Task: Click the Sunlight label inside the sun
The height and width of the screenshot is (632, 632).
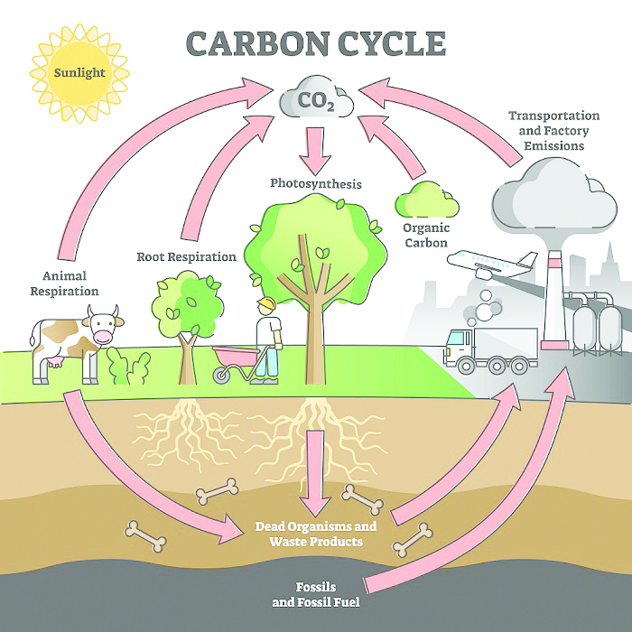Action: [79, 73]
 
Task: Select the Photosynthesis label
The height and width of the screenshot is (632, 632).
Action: [316, 183]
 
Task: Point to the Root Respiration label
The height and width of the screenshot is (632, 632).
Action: [186, 256]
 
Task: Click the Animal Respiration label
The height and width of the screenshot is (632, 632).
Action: [64, 283]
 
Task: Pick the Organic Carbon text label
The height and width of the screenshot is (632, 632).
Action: [426, 236]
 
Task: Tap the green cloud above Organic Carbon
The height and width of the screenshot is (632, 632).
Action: [427, 200]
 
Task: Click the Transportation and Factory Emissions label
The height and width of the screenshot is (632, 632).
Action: [553, 131]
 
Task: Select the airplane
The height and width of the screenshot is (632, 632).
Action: [493, 264]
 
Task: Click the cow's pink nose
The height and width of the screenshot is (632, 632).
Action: [104, 336]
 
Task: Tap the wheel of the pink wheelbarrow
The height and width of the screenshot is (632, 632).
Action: [220, 376]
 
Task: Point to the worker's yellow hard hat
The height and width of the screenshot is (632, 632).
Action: [267, 302]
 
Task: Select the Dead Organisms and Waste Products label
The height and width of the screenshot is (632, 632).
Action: [316, 534]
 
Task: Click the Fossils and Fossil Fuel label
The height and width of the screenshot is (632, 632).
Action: [316, 594]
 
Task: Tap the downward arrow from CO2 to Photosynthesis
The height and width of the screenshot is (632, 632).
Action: [315, 151]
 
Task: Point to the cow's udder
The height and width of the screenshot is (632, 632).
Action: [55, 362]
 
